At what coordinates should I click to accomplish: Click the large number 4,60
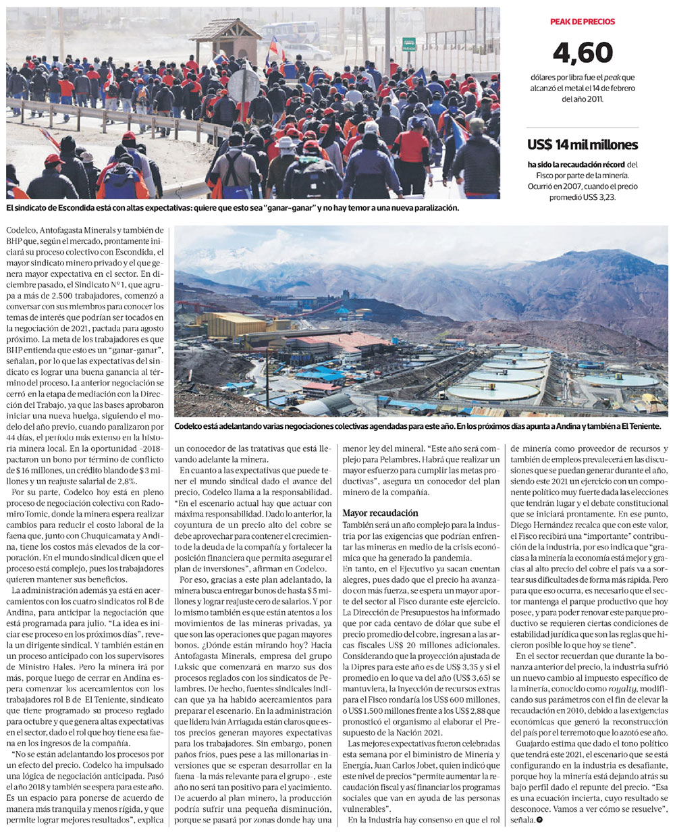pos(583,53)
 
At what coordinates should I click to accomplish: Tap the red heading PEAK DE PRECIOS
pos(583,22)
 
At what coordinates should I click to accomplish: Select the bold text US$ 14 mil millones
pos(583,145)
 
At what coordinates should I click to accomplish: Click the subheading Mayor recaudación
pos(381,513)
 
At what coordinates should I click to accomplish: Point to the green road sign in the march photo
pos(409,45)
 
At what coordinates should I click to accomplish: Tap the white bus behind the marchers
pos(290,32)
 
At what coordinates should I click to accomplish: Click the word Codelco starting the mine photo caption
pos(191,427)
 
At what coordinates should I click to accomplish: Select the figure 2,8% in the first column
pos(122,481)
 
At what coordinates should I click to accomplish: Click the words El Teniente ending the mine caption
pos(640,427)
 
